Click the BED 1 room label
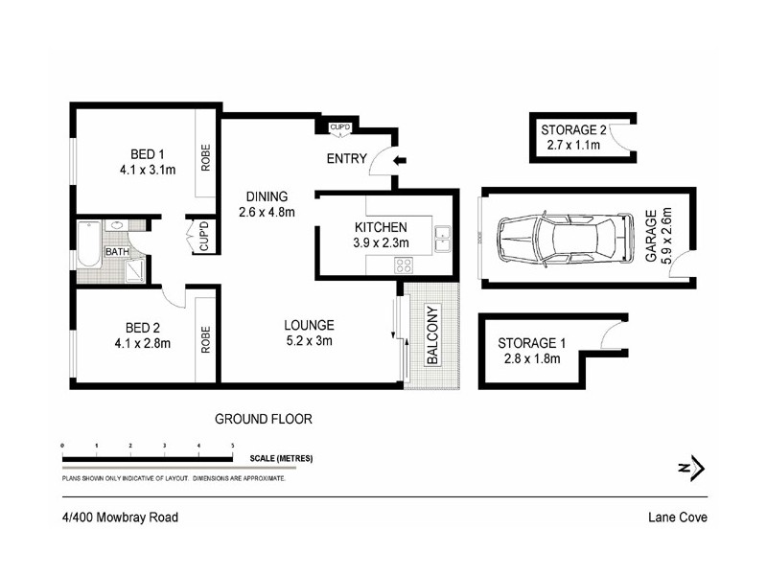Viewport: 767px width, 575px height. click(148, 155)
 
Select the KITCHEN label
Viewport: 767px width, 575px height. click(381, 227)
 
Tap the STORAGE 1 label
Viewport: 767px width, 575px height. click(527, 342)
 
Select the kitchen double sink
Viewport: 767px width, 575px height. click(442, 238)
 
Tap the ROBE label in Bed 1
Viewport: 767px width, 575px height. click(205, 155)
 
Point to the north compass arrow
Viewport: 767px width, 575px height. click(693, 469)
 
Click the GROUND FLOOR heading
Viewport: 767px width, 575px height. click(263, 419)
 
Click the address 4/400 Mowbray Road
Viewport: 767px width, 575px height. click(113, 517)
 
